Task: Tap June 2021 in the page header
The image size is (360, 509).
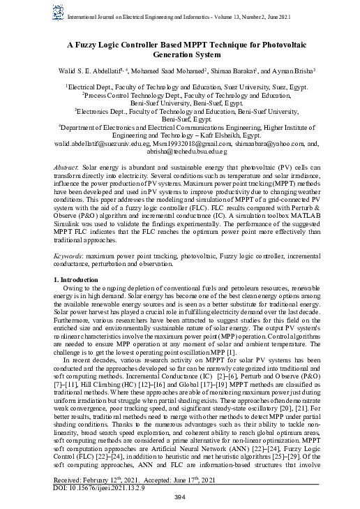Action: click(x=287, y=10)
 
